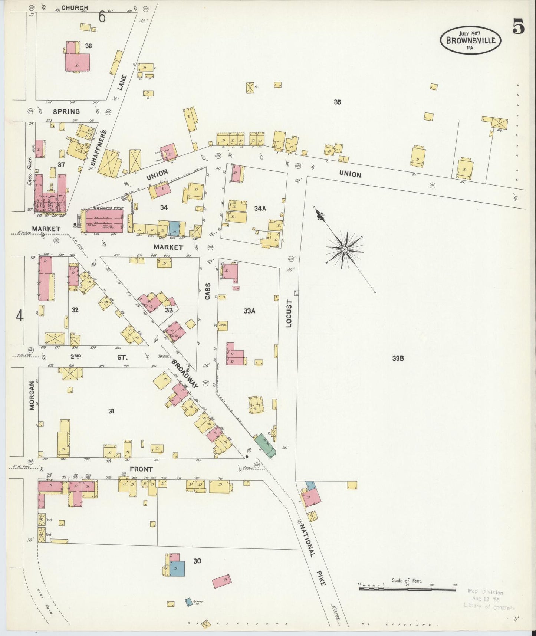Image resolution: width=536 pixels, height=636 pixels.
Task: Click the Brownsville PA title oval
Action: click(x=470, y=40)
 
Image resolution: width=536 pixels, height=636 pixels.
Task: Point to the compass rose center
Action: click(x=345, y=250)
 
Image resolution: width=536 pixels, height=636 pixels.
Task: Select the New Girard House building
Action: click(x=105, y=220)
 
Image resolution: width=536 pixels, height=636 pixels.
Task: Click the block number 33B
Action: click(x=398, y=358)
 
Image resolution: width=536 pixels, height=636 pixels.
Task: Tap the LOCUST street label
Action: click(x=290, y=313)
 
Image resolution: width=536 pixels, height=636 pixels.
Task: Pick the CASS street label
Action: click(x=208, y=291)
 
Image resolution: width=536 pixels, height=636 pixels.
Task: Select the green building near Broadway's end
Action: click(x=265, y=445)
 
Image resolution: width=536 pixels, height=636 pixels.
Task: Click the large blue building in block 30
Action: click(x=177, y=568)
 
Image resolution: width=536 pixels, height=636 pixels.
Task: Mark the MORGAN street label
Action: click(x=32, y=395)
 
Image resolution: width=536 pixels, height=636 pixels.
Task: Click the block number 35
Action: click(x=337, y=102)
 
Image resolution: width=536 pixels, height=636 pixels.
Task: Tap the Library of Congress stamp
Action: click(x=489, y=599)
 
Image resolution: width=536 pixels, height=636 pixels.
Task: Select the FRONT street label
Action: click(x=141, y=469)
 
